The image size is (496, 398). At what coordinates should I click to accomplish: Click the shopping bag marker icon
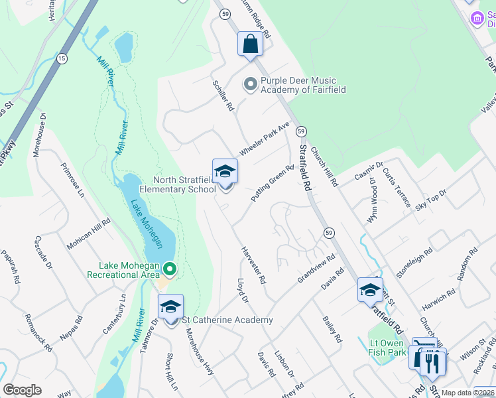[x=251, y=44]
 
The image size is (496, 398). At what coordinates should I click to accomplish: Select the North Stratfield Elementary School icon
[x=225, y=172]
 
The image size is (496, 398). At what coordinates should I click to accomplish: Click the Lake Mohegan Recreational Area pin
[x=170, y=269]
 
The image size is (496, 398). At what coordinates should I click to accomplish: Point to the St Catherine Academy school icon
[x=170, y=306]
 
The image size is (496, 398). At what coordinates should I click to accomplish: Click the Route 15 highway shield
[x=62, y=58]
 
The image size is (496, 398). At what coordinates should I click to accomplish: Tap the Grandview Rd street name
[x=317, y=268]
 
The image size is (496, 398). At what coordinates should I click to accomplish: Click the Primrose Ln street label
[x=73, y=180]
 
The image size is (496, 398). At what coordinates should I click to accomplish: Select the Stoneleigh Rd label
[x=414, y=262]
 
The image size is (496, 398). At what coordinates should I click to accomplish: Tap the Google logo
[x=22, y=390]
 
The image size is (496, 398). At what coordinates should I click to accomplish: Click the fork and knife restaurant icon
[x=433, y=362]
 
